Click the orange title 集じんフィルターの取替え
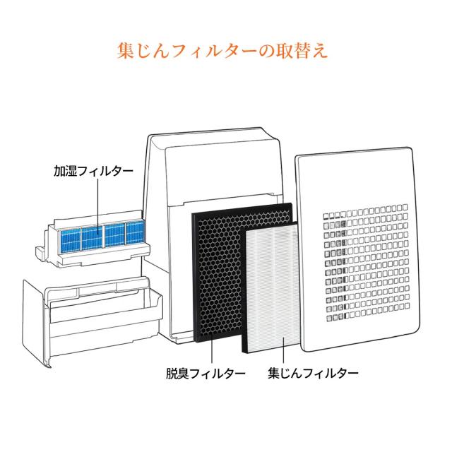coord(225,52)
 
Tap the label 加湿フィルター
coord(92,172)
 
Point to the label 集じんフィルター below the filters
coord(313,372)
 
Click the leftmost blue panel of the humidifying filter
coord(69,237)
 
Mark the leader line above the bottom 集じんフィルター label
coord(283,350)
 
